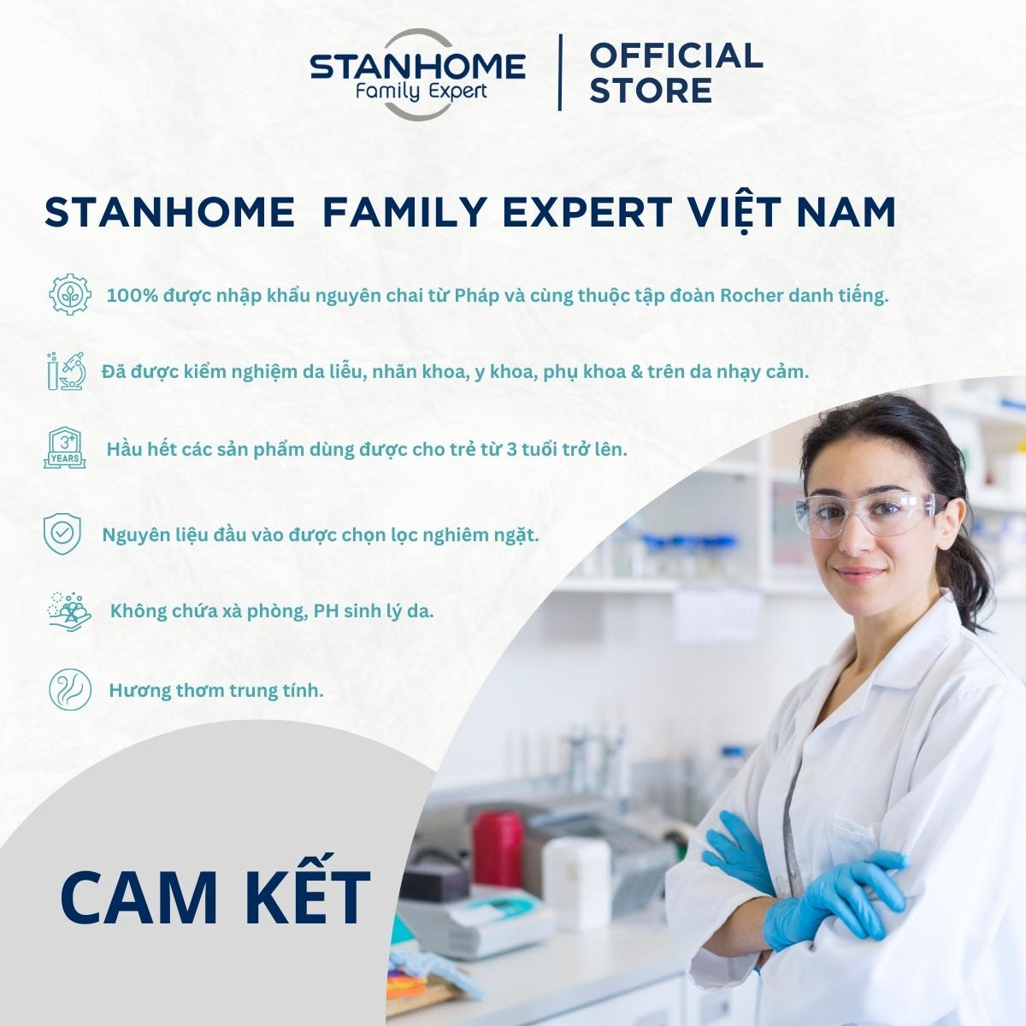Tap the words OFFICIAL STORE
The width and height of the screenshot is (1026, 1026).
(676, 73)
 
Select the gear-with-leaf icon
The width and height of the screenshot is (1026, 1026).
(70, 294)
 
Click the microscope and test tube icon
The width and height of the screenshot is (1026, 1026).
(67, 371)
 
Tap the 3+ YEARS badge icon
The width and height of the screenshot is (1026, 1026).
(64, 448)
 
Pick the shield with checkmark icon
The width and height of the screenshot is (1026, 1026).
(62, 534)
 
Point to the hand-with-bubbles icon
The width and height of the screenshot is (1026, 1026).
(68, 610)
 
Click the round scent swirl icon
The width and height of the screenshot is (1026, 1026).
(70, 689)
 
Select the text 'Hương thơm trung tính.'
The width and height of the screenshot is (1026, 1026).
(216, 691)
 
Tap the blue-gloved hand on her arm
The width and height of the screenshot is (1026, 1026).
(837, 899)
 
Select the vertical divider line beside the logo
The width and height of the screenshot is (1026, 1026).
(559, 73)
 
